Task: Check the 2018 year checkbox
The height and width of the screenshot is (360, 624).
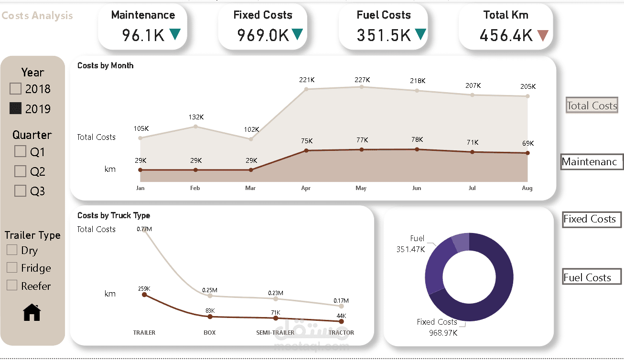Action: point(16,89)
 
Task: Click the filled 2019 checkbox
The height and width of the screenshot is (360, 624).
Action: point(16,108)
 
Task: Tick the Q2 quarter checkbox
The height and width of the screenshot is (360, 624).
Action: point(20,171)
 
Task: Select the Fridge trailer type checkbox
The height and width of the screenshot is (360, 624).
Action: point(12,268)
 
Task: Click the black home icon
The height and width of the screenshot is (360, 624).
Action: point(32,312)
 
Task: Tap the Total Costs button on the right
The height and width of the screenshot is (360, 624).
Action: point(592,106)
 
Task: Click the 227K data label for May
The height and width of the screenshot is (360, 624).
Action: point(362,80)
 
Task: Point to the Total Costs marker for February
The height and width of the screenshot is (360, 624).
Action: point(195,126)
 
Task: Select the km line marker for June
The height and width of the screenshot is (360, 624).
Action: point(417,149)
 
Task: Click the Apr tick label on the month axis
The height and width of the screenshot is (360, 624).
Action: point(306,188)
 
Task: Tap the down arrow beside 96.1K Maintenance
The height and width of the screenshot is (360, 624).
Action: point(175,34)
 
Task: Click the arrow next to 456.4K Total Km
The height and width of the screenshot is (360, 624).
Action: point(542,35)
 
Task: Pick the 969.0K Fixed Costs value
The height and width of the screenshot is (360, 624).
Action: point(263,35)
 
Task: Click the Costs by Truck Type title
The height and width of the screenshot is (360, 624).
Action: point(114,216)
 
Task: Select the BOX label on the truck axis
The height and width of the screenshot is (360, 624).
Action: point(209,332)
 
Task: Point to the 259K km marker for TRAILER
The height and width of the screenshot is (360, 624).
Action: point(144,295)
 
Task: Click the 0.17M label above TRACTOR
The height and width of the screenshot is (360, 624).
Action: point(341,301)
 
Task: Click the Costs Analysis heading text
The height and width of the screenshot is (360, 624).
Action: point(37,16)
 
